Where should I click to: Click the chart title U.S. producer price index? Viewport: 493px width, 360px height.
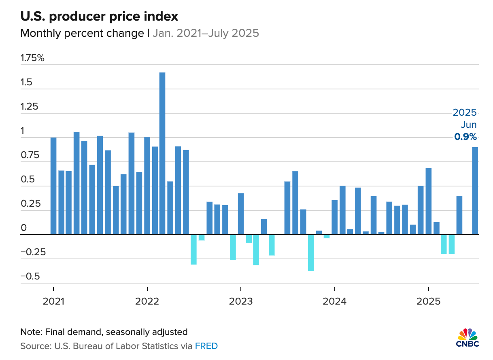[99, 17]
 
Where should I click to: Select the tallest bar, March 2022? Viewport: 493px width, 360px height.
[162, 153]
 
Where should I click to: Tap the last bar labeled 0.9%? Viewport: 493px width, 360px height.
[475, 191]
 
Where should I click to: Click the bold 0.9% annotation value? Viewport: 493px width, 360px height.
[465, 137]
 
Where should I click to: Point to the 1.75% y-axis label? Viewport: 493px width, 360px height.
[32, 58]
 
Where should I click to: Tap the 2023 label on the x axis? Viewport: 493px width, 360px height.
[240, 302]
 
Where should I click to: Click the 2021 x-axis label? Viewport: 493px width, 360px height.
[53, 302]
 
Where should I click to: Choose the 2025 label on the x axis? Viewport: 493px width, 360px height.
[428, 302]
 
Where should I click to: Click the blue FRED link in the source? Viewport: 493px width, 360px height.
[206, 346]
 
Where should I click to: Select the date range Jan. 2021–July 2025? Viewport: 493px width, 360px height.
[206, 33]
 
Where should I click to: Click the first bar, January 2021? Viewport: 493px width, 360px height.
[53, 186]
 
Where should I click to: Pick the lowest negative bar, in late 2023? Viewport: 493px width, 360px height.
[311, 252]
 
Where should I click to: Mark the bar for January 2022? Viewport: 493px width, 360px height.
[147, 186]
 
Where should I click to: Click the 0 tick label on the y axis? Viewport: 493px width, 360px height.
[23, 228]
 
